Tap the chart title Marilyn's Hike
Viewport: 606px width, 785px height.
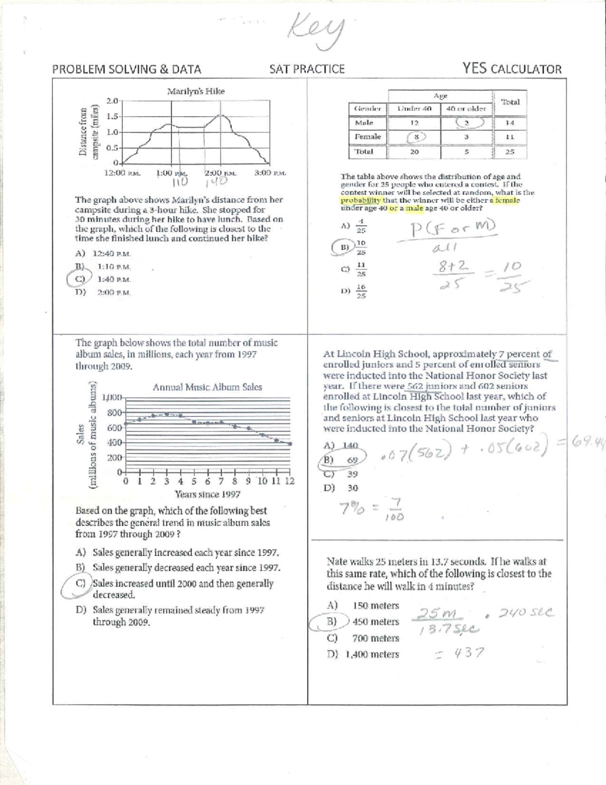(x=196, y=91)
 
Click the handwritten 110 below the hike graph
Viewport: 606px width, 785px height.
(x=180, y=181)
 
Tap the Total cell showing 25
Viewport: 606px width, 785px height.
(x=510, y=152)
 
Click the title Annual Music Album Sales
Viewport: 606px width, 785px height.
(x=207, y=387)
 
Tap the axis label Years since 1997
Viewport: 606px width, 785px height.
(x=207, y=494)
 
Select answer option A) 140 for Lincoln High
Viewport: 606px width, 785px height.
(x=341, y=445)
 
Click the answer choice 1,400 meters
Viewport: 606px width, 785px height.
(x=372, y=654)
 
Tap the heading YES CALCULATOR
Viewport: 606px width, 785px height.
(x=512, y=69)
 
